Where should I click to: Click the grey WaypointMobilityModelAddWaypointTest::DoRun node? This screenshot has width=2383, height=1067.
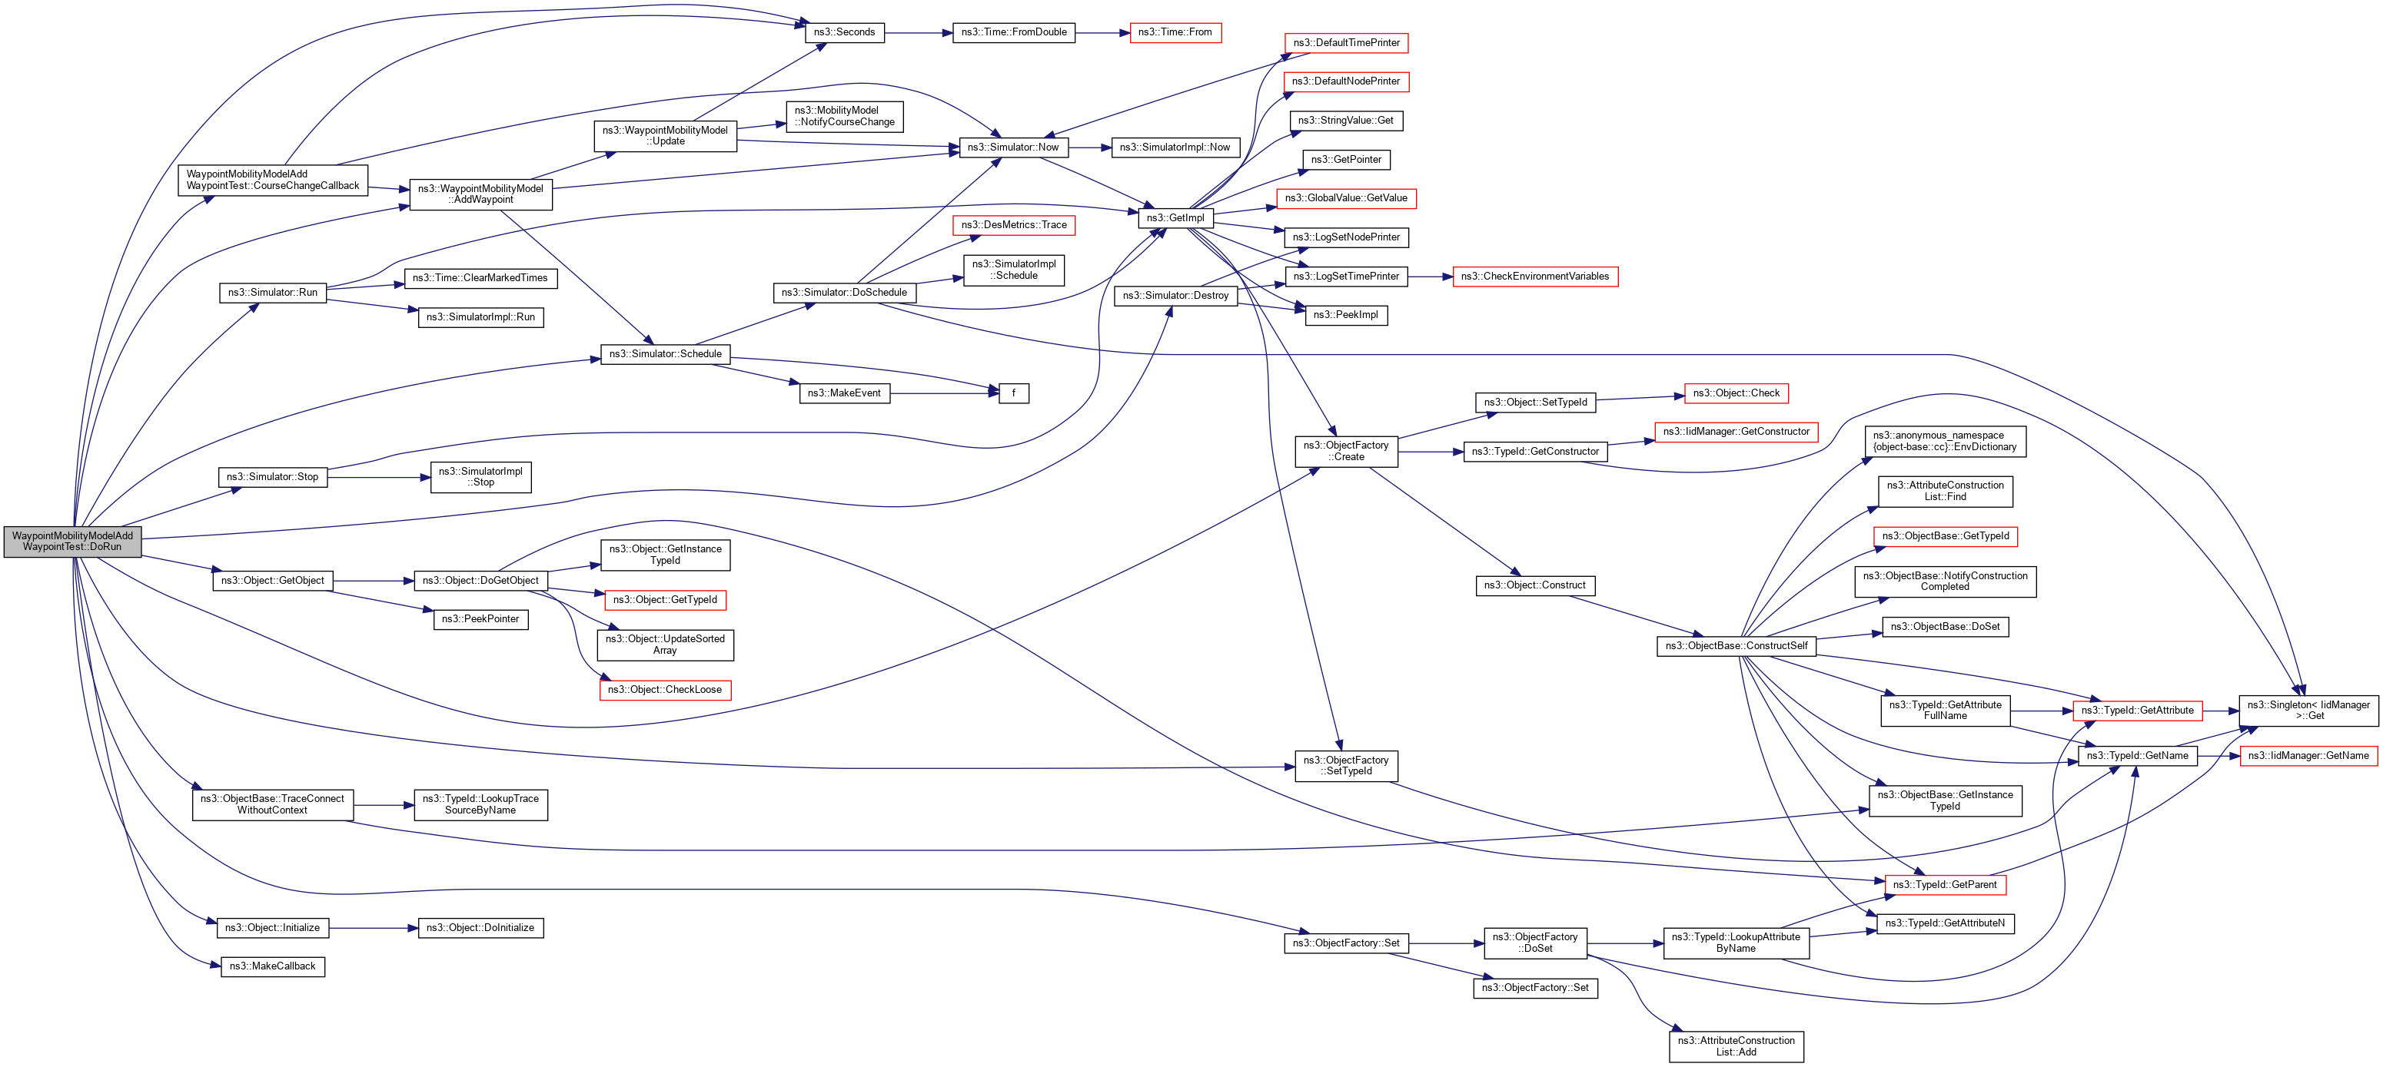click(72, 542)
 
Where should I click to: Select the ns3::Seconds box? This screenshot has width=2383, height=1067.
click(844, 32)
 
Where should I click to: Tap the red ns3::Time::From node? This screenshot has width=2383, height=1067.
click(1175, 32)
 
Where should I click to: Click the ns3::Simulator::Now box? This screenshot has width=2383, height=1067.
click(1013, 147)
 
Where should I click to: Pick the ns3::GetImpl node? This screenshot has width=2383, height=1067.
click(1175, 218)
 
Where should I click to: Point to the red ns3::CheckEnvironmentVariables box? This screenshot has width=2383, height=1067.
click(1534, 277)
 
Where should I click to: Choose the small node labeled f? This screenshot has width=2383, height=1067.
click(1013, 393)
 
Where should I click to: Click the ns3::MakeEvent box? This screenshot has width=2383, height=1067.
click(844, 393)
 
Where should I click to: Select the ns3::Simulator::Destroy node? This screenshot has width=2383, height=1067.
click(1175, 296)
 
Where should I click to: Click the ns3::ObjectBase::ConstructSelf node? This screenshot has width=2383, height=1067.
click(1736, 646)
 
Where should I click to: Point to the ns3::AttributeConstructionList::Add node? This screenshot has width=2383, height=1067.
click(1736, 1047)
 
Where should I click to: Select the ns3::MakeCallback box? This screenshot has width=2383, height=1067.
click(272, 967)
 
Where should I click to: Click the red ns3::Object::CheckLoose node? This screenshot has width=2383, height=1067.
click(664, 690)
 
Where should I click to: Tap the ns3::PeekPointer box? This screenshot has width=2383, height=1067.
click(480, 619)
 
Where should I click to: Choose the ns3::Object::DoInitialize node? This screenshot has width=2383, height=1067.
click(480, 928)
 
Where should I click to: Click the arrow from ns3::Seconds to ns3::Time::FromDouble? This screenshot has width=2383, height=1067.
click(919, 33)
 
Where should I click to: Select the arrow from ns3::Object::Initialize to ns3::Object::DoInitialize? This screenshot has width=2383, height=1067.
click(374, 928)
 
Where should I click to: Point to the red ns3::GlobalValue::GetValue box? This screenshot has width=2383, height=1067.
click(1345, 199)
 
